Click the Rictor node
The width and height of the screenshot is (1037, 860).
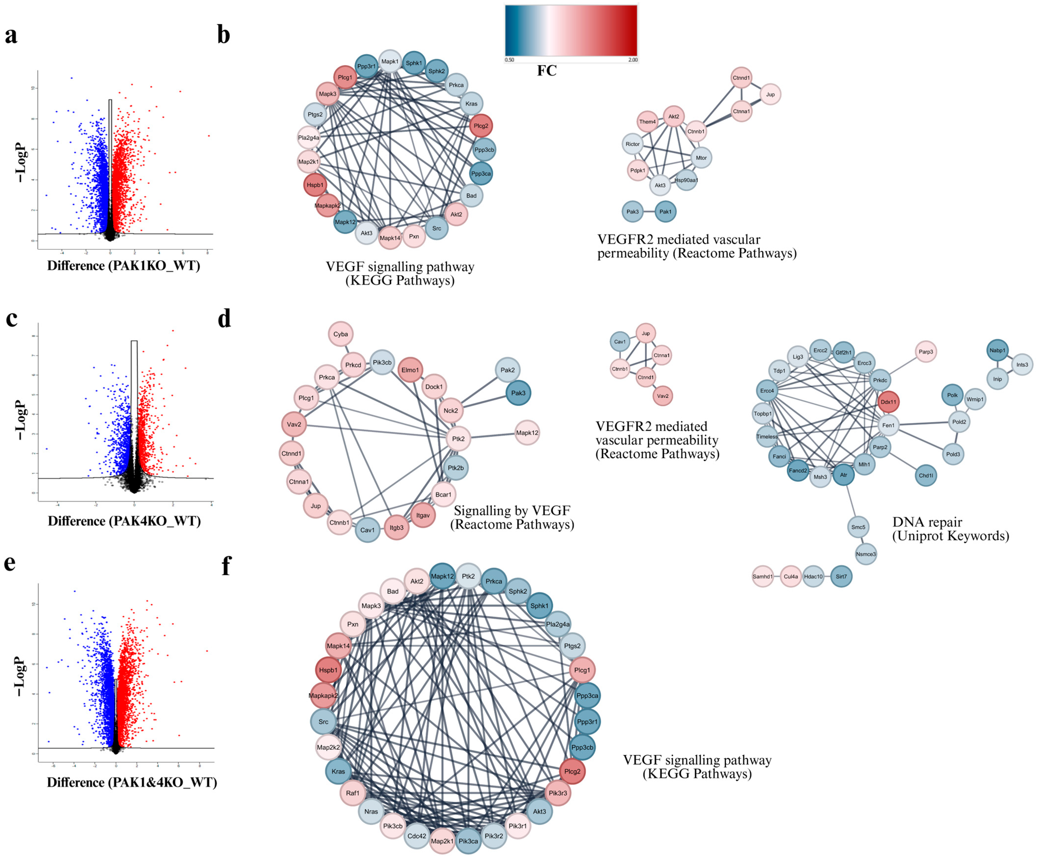pyautogui.click(x=632, y=144)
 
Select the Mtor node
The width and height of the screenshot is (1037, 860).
pyautogui.click(x=701, y=158)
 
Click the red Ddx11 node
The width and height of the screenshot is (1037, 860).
pyautogui.click(x=888, y=402)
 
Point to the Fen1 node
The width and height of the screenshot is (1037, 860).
pyautogui.click(x=888, y=425)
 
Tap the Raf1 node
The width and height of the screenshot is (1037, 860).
pyautogui.click(x=353, y=793)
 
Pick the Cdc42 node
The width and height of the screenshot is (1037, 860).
pyautogui.click(x=416, y=836)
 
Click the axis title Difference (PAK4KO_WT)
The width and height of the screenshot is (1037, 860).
pyautogui.click(x=124, y=521)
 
